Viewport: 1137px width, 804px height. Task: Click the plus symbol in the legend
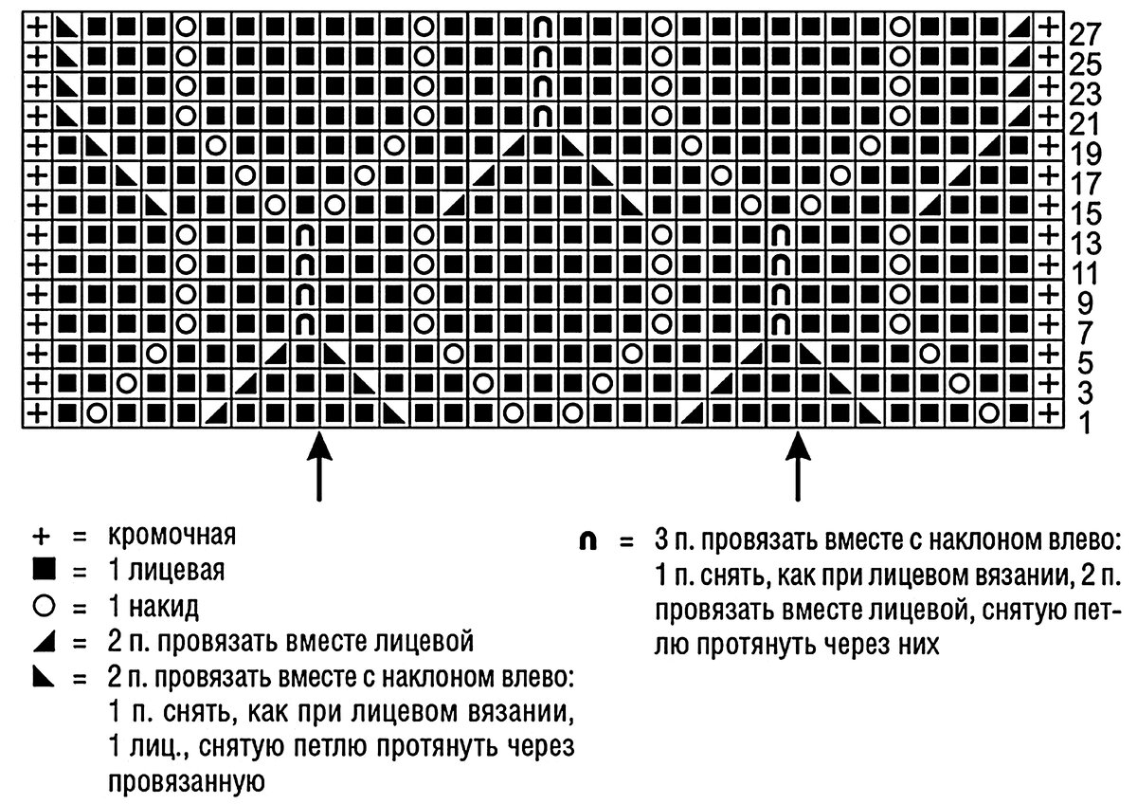[41, 538]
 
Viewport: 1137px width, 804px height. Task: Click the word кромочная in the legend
[171, 538]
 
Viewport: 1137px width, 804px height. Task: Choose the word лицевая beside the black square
[171, 572]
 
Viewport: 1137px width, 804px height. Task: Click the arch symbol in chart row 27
[543, 28]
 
